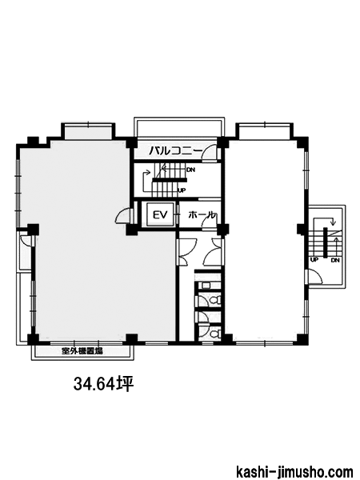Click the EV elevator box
click(x=161, y=214)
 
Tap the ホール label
click(x=201, y=214)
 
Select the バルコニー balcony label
click(x=176, y=150)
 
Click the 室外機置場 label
click(x=82, y=351)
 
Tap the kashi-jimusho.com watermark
click(x=294, y=471)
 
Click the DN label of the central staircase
click(x=190, y=170)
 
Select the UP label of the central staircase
click(x=182, y=190)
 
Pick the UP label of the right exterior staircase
click(x=314, y=260)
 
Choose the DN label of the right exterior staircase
click(x=335, y=260)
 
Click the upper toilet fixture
click(x=217, y=300)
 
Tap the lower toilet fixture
click(x=217, y=333)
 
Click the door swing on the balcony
click(x=210, y=151)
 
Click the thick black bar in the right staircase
click(x=325, y=242)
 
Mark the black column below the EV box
click(x=132, y=230)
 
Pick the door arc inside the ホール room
click(x=209, y=222)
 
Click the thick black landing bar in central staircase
click(x=170, y=180)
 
